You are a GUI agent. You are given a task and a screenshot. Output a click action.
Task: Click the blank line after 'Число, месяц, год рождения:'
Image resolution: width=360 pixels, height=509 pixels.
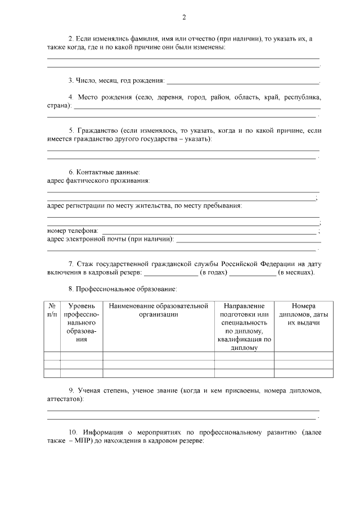[243, 82]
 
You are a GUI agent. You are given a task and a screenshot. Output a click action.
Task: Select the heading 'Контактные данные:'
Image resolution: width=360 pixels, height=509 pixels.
[112, 172]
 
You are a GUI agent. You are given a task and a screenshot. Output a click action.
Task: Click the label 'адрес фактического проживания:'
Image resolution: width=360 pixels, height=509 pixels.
[98, 181]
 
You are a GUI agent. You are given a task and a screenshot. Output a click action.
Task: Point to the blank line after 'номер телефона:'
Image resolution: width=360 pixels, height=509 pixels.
[208, 232]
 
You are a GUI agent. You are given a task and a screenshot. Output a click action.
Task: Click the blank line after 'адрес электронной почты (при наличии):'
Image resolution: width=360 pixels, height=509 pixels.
[247, 240]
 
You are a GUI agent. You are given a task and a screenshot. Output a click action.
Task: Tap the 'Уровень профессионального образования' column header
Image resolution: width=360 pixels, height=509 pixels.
[82, 323]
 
